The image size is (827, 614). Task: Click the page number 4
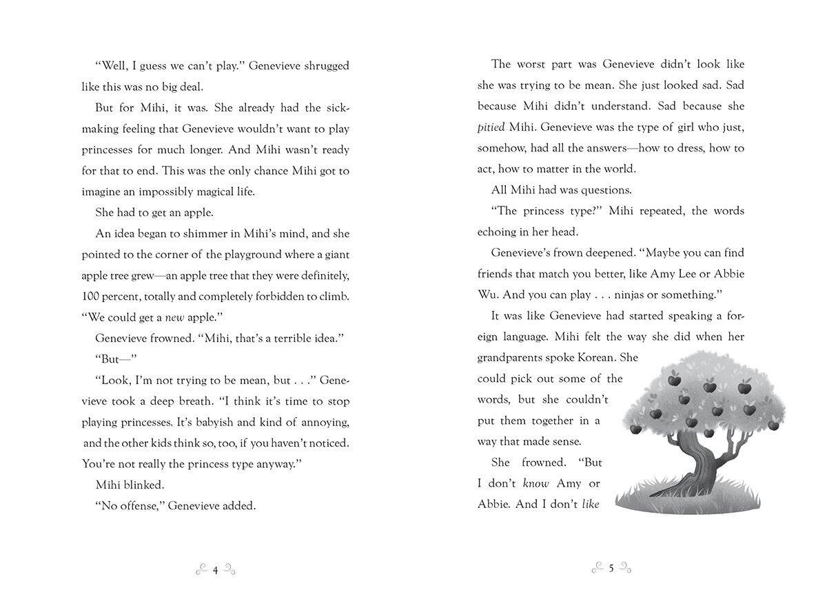click(x=216, y=569)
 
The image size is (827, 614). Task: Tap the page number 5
click(x=611, y=569)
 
